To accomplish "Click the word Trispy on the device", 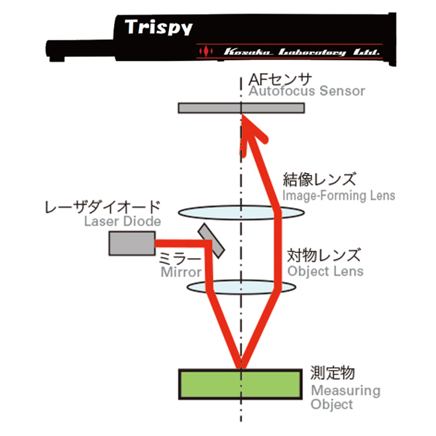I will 159,28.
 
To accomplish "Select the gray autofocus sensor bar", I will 208,108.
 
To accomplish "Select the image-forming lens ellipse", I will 201,213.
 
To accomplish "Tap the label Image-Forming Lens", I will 339,196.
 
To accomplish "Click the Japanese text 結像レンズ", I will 319,181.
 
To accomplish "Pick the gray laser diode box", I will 131,243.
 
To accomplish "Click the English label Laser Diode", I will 123,221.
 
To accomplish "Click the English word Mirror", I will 180,272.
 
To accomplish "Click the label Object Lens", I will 325,271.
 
